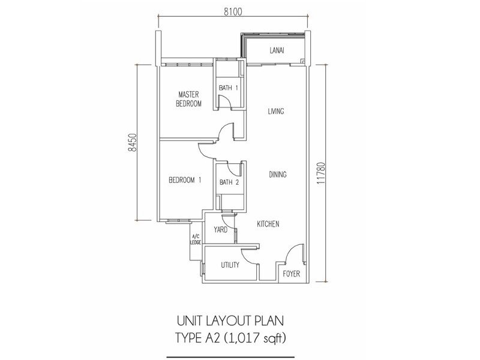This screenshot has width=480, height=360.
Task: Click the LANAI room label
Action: tap(277, 50)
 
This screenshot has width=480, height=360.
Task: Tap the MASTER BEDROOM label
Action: tap(188, 99)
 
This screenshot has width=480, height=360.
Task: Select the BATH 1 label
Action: tap(229, 88)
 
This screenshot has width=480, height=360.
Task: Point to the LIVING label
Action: tap(276, 111)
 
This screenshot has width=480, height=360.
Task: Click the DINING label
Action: tap(278, 175)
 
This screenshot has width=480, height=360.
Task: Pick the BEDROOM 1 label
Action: tap(185, 180)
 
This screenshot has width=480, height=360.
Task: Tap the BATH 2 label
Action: tap(229, 182)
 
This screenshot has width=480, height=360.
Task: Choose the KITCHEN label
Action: tap(268, 224)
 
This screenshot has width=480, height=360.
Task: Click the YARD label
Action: tap(220, 230)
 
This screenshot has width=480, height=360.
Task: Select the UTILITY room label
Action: tap(230, 265)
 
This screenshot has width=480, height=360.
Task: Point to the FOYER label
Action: tap(292, 274)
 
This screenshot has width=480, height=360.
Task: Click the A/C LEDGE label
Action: tap(196, 239)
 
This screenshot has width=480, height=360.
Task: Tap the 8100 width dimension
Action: tap(233, 11)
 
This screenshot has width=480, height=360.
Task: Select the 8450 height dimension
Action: tap(131, 143)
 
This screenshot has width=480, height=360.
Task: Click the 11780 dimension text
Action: tap(321, 173)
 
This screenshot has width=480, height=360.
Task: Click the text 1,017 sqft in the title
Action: tap(255, 338)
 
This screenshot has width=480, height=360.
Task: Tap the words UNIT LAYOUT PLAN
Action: tap(230, 321)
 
